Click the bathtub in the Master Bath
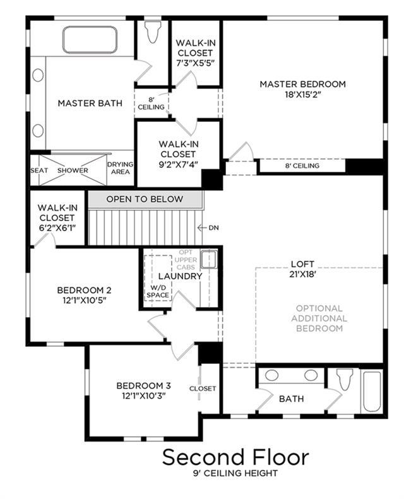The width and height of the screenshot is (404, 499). coord(90,40)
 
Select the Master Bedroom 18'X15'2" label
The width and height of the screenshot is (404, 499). coord(302,89)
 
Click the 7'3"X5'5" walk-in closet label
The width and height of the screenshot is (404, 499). coord(196,53)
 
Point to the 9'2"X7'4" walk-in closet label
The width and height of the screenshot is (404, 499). coord(178,154)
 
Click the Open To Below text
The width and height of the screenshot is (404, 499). coord(145,199)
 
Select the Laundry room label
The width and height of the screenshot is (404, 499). coord(180,276)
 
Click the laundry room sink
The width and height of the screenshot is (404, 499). coord(210,258)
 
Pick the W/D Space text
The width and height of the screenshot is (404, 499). coord(157,291)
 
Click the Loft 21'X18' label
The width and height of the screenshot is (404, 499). coord(302,269)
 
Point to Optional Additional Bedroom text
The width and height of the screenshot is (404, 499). coord(319,318)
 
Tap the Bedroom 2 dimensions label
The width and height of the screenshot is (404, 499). coord(85,300)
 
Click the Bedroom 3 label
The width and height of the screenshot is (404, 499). coord(143,386)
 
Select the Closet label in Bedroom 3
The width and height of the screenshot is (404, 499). coord(203,388)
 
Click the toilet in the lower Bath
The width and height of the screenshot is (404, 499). coord(345,379)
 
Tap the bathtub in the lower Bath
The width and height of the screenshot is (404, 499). coord(372,392)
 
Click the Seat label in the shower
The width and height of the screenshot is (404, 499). coord(39,171)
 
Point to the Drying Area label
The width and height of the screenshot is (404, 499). coord(120,168)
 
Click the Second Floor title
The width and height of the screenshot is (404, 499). coord(235,457)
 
